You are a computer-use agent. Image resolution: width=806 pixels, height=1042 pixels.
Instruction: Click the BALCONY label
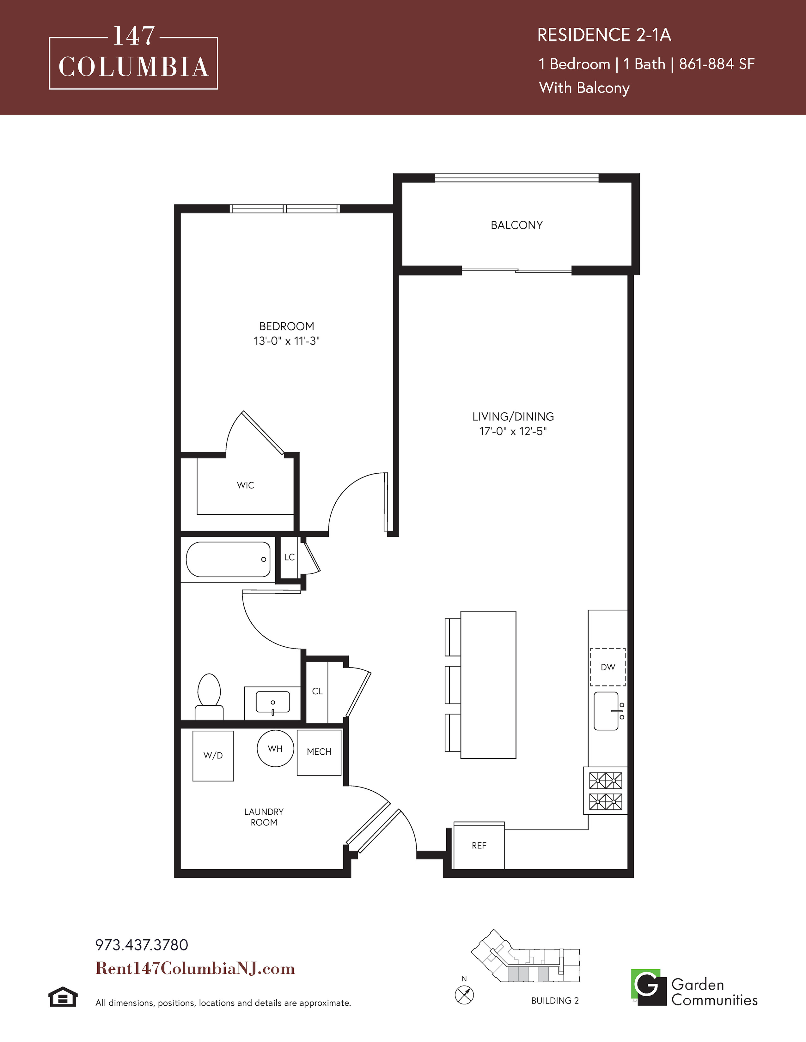[x=517, y=225]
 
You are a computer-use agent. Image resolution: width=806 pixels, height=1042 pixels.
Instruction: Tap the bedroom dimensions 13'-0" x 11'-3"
[x=286, y=341]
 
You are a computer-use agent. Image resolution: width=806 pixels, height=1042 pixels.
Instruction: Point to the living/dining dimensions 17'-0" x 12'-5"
[x=513, y=431]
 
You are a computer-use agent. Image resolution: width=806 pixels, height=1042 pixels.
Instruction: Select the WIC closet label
[x=245, y=485]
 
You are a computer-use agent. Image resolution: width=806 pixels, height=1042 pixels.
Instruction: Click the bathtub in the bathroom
[x=228, y=559]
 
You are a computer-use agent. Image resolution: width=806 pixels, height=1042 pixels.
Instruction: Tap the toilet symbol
[x=209, y=696]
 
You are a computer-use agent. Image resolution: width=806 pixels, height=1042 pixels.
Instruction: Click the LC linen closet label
[x=289, y=557]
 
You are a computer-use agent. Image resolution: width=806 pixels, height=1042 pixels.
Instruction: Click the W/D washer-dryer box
[x=213, y=756]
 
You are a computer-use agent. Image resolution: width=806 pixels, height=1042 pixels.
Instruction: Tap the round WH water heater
[x=276, y=749]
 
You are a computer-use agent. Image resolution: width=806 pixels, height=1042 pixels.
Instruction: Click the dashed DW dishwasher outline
[x=608, y=667]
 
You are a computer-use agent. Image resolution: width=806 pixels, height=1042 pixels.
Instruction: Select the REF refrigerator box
[x=479, y=845]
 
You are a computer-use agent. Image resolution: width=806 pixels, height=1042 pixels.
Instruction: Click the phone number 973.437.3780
[x=142, y=945]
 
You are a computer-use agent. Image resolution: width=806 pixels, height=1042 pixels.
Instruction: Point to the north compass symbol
[x=464, y=995]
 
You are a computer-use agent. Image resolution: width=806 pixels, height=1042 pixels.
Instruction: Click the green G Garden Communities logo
[x=648, y=988]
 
